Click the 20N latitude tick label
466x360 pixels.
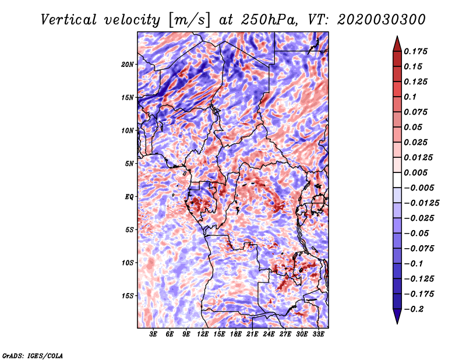[128, 65]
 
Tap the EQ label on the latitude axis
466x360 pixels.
[129, 197]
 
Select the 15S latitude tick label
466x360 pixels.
[128, 296]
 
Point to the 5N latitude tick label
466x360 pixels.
[129, 164]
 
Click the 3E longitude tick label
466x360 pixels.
[153, 334]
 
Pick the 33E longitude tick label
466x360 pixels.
[318, 334]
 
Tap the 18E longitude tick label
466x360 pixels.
[236, 334]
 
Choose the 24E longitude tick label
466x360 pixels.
[269, 334]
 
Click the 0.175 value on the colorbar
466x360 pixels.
[415, 51]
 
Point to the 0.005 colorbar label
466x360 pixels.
[415, 172]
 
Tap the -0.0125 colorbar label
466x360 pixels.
[421, 203]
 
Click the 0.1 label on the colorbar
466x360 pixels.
[410, 97]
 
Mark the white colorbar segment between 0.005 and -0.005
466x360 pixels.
[397, 180]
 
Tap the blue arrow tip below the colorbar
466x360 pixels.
[397, 323]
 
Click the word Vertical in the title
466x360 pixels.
[69, 20]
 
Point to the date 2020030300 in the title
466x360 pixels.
[382, 20]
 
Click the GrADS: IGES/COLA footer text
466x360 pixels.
[33, 355]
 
